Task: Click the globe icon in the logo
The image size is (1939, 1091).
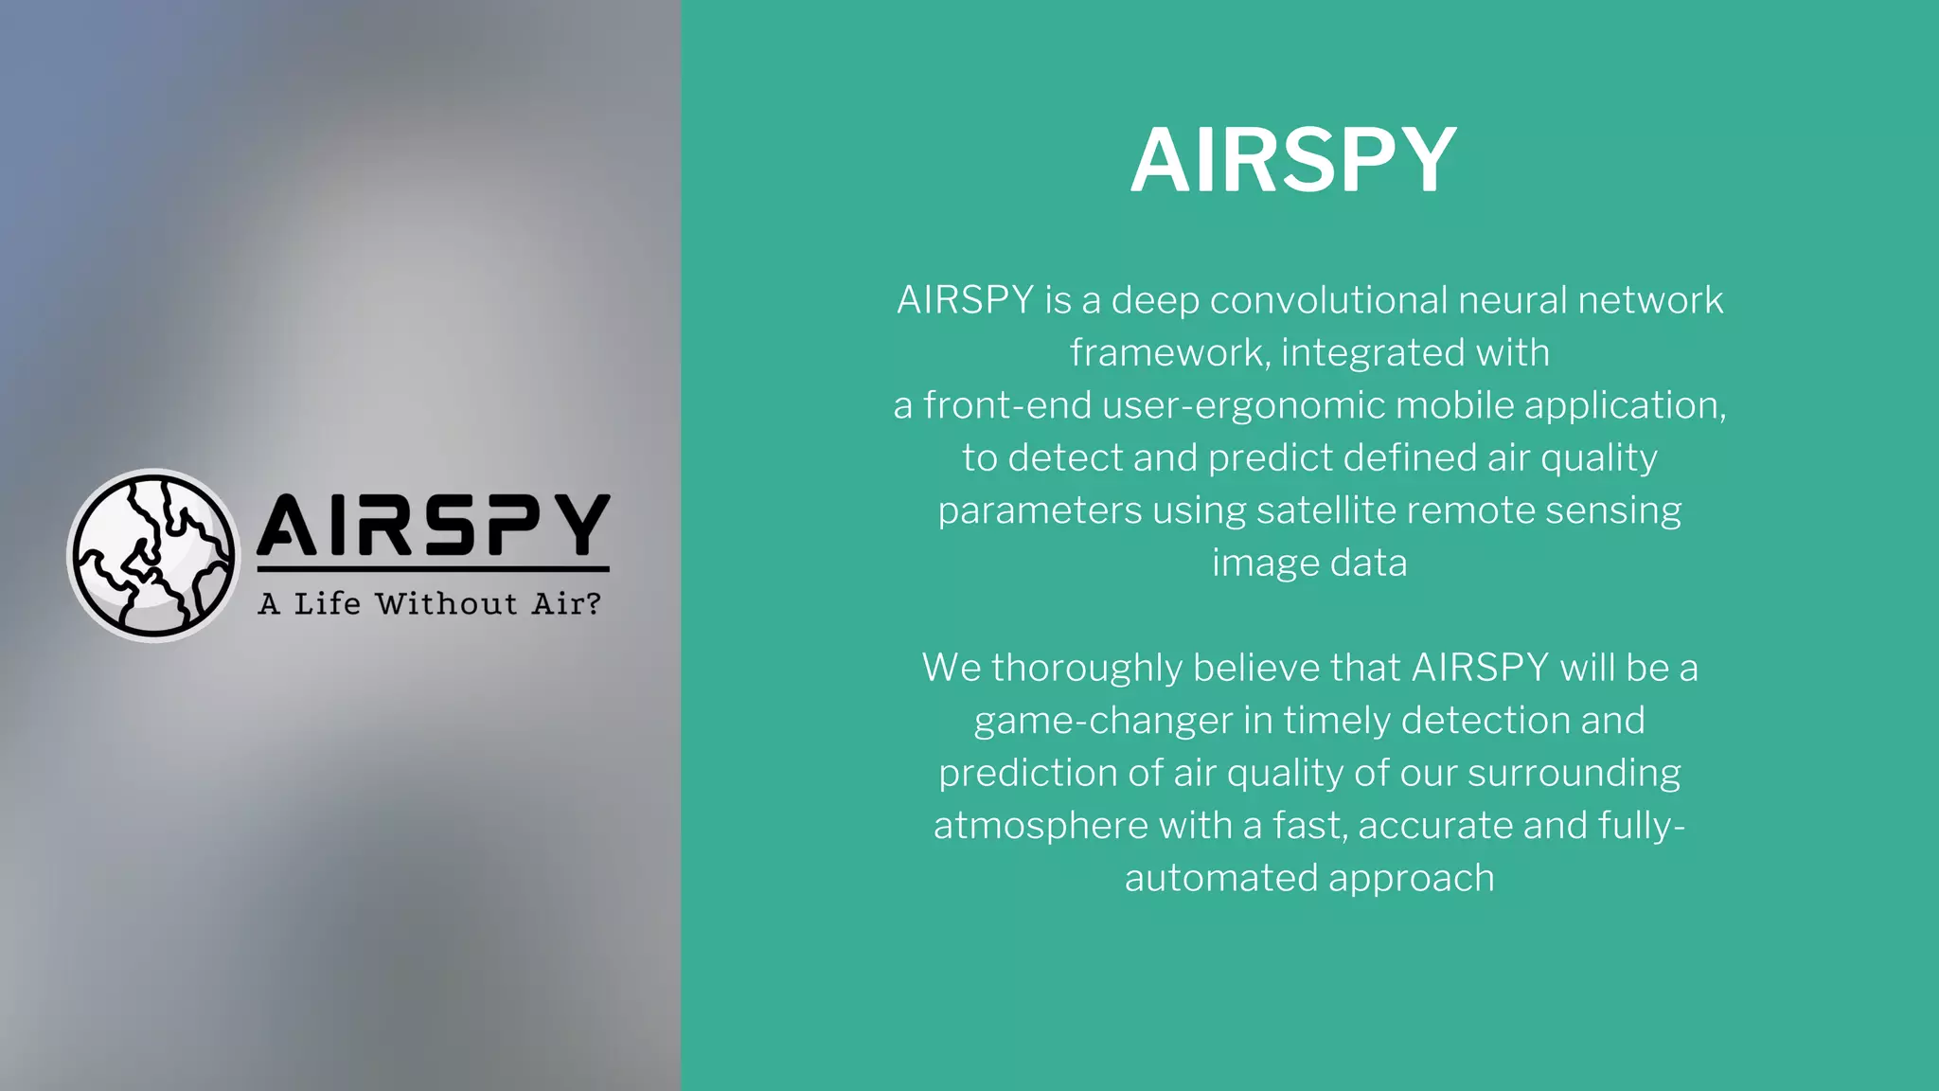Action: [x=153, y=555]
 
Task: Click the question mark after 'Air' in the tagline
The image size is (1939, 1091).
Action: [x=594, y=603]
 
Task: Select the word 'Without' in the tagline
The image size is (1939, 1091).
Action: [x=446, y=603]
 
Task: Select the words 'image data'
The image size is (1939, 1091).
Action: [x=1309, y=563]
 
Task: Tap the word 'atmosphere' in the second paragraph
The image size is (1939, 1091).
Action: [x=1041, y=826]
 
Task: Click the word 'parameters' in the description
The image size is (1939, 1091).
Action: [x=1040, y=511]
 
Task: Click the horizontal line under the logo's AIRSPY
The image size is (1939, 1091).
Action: [x=433, y=569]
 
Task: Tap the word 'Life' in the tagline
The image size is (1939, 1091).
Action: [x=327, y=603]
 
